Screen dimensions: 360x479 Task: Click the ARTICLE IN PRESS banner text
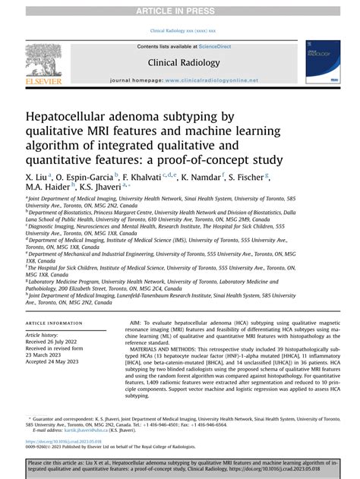coord(180,10)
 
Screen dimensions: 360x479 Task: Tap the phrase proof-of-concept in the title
coord(182,159)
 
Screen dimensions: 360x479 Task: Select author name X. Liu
coord(39,176)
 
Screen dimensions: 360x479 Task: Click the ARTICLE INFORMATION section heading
coord(55,323)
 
